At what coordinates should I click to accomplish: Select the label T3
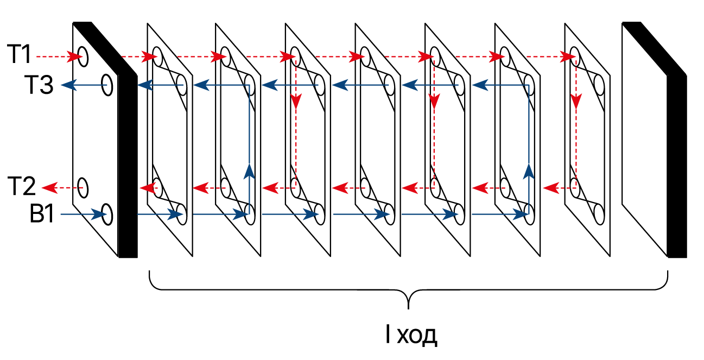coord(39,85)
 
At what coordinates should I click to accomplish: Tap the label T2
coord(21,186)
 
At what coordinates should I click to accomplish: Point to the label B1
coord(42,215)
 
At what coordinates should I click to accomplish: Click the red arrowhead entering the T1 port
coord(74,55)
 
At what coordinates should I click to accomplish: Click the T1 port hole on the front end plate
coord(83,55)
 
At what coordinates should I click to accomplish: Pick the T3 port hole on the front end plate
coord(107,85)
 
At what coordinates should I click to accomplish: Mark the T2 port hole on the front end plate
coord(83,188)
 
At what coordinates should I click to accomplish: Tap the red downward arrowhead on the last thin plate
coord(576,101)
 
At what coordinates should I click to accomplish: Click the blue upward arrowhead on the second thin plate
coord(249,171)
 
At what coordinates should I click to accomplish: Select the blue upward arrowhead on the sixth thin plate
coord(529,172)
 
